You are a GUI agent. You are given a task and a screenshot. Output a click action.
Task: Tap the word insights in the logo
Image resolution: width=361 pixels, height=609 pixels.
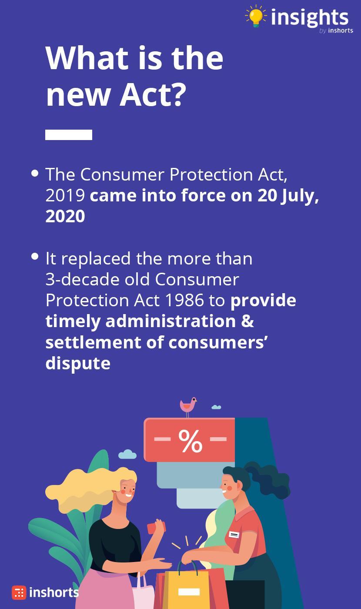coord(310,18)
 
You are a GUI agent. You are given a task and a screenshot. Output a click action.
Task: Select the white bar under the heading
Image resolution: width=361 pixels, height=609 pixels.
coord(69,135)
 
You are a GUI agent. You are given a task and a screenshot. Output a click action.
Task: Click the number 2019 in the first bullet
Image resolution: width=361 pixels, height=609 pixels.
coord(65,195)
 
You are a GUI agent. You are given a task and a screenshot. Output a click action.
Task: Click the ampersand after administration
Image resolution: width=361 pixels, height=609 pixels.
coord(247,321)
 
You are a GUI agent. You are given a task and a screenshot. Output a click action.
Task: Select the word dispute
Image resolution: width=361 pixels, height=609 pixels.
coord(78,364)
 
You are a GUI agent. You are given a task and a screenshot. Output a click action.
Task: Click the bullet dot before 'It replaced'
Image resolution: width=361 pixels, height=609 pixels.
coord(35,256)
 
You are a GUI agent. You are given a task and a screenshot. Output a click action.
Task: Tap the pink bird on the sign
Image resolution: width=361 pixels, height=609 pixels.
coord(188,407)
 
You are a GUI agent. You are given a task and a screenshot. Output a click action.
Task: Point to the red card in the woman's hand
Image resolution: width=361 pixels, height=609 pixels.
coord(156,528)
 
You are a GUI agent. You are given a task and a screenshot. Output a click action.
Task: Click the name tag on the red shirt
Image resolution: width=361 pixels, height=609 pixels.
coord(234,534)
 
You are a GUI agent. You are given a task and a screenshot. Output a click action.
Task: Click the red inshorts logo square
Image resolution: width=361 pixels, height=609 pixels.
coord(19,592)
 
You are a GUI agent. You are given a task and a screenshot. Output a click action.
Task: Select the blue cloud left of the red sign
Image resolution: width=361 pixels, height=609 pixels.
coord(127,454)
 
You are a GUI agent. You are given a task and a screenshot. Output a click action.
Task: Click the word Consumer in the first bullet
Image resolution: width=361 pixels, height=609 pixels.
coord(122,174)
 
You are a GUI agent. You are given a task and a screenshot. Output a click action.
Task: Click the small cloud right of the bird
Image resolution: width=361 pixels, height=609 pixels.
coord(217,407)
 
